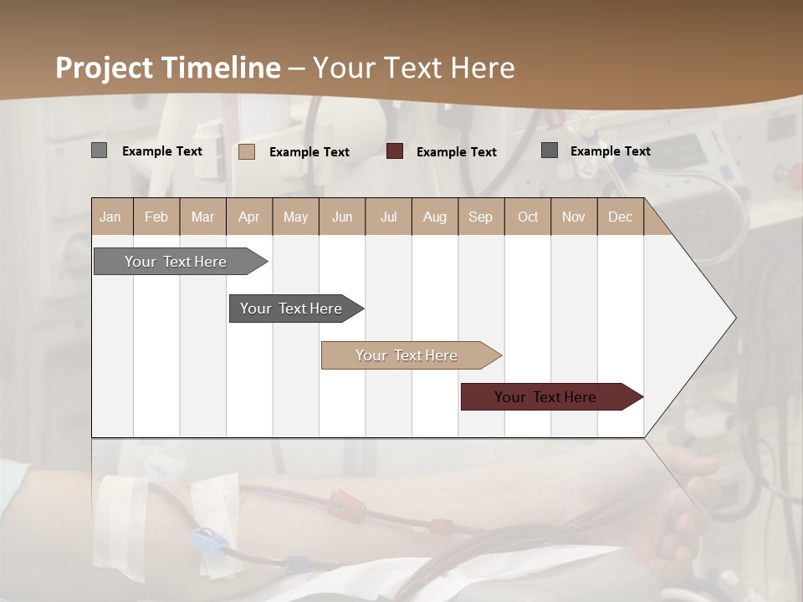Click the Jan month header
pyautogui.click(x=110, y=217)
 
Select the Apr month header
pyautogui.click(x=249, y=217)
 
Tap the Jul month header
pyautogui.click(x=388, y=217)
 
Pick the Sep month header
pyautogui.click(x=480, y=217)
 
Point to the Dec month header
pyautogui.click(x=620, y=217)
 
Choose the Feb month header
pyautogui.click(x=156, y=217)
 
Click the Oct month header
pyautogui.click(x=528, y=217)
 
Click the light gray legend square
pyautogui.click(x=99, y=150)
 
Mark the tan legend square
pyautogui.click(x=247, y=151)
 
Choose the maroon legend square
pyautogui.click(x=395, y=151)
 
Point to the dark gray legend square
pyautogui.click(x=550, y=150)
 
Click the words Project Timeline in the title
pyautogui.click(x=167, y=68)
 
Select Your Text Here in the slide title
pyautogui.click(x=414, y=68)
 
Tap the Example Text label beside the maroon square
pyautogui.click(x=456, y=152)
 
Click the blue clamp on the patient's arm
pyautogui.click(x=207, y=542)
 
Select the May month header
pyautogui.click(x=295, y=217)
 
